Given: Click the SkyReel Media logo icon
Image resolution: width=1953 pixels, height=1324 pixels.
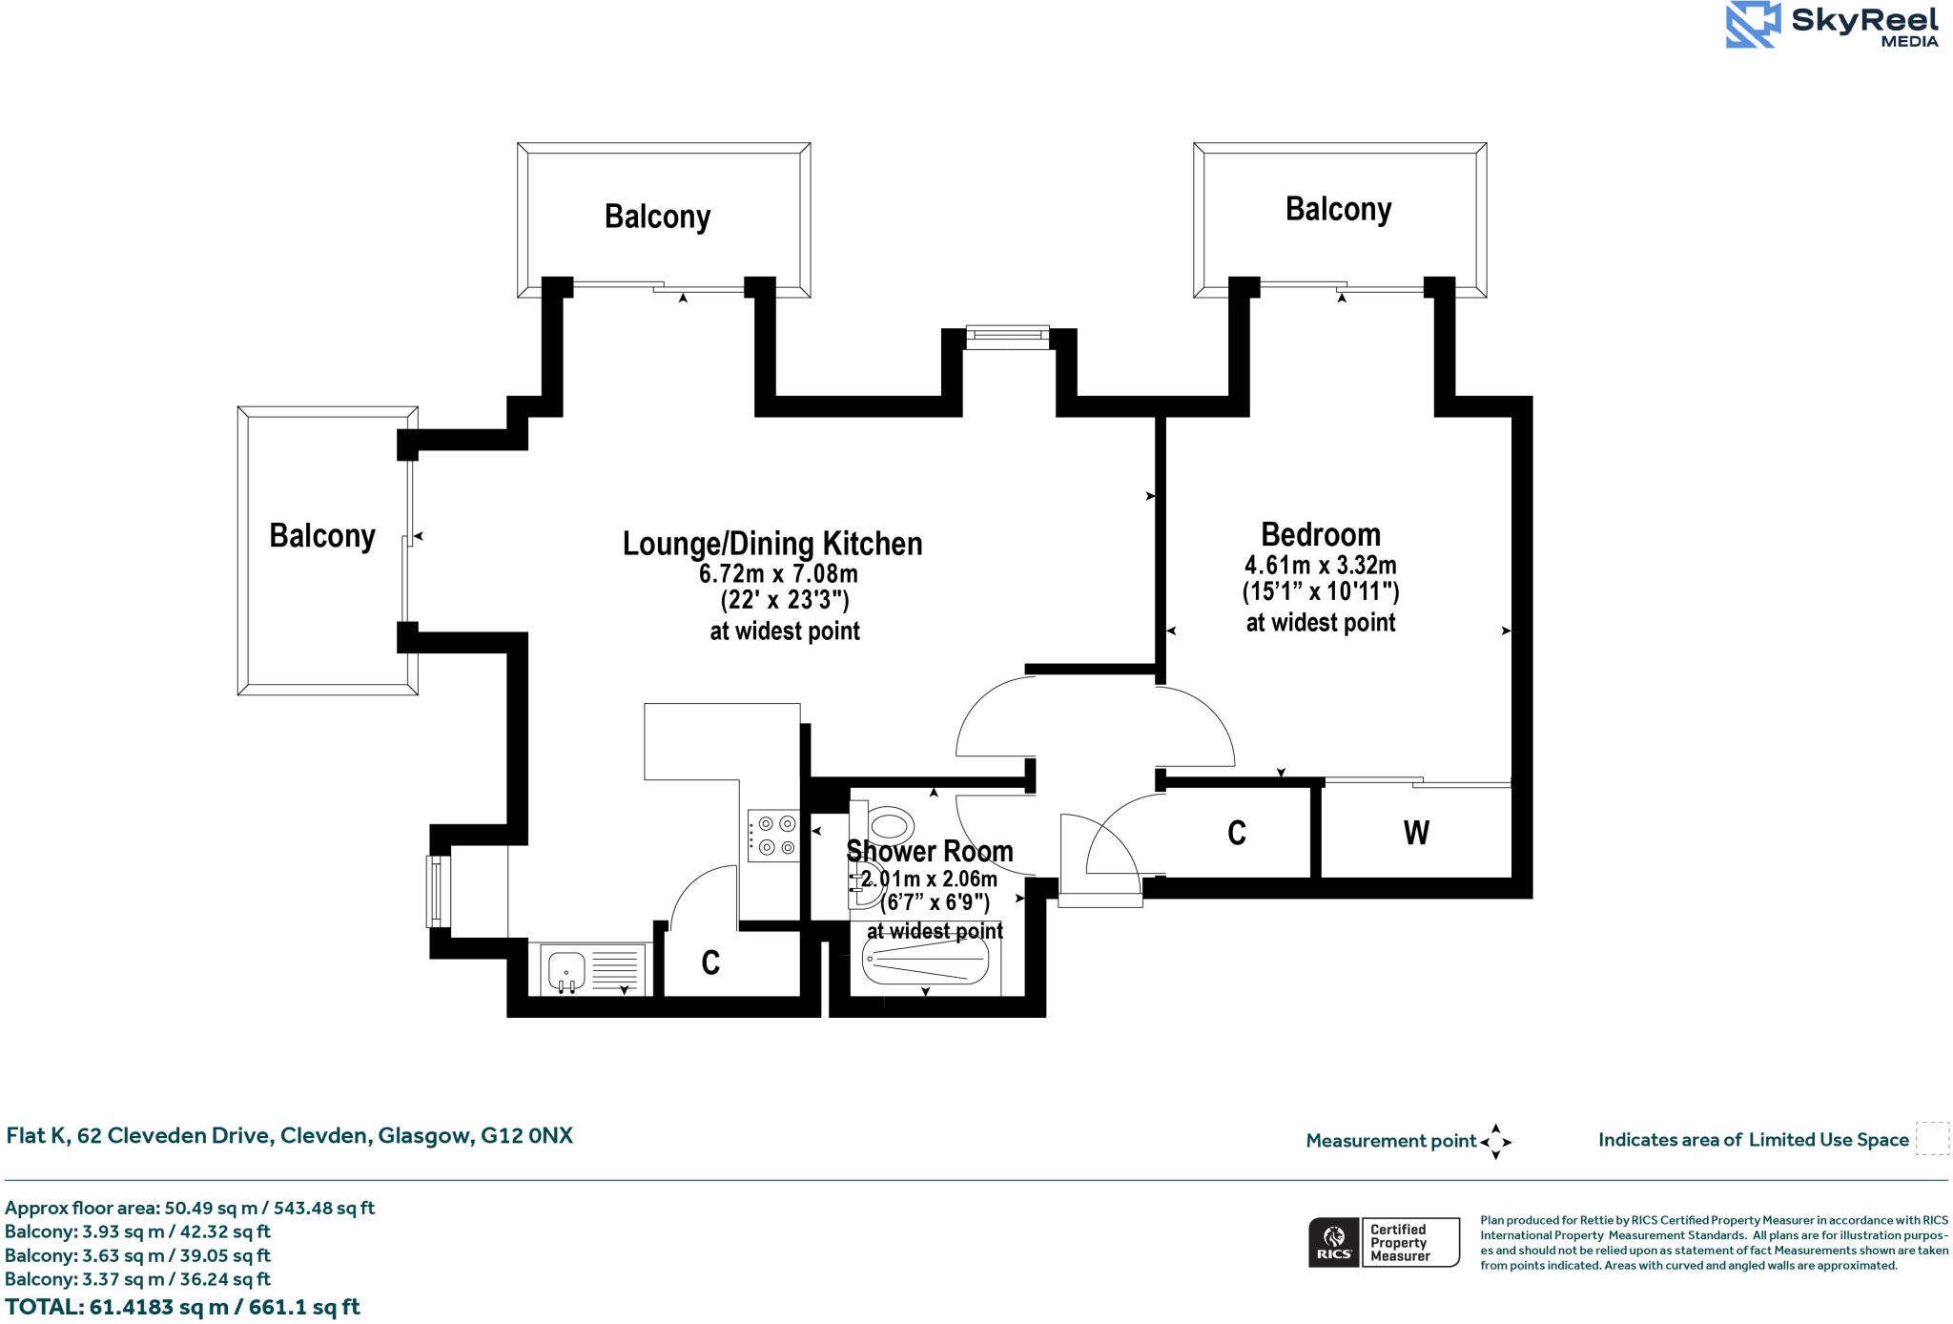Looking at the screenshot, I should [x=1753, y=25].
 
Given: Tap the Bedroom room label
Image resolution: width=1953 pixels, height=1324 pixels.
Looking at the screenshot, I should [x=1320, y=534].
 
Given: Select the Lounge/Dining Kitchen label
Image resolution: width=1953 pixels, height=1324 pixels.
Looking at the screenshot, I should [x=772, y=544].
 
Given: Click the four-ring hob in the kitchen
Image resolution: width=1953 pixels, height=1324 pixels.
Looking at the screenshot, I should [x=773, y=835].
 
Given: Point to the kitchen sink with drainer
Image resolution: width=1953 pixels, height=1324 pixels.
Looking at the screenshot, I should [x=592, y=969].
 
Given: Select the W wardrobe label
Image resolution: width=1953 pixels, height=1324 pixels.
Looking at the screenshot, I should [x=1416, y=833].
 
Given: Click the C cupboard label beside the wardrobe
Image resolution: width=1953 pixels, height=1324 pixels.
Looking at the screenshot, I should [x=1237, y=833].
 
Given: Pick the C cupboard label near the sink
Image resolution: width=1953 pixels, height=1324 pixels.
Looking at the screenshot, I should [x=710, y=963].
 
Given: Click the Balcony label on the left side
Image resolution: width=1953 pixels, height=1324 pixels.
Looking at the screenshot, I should [x=322, y=536].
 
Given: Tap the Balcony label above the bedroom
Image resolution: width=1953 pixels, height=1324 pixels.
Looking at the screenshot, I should [x=1338, y=209].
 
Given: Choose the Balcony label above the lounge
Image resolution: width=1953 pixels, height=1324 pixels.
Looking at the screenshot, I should [x=657, y=217].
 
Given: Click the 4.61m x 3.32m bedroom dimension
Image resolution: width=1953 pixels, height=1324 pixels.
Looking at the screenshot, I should [x=1320, y=565].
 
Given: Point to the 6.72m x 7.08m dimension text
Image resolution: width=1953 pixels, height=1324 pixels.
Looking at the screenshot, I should [x=778, y=574].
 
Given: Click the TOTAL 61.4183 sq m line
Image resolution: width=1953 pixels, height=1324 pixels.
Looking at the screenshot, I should [x=182, y=1307].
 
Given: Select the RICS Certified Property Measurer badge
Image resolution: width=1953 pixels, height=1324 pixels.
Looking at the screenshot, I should [x=1384, y=1242].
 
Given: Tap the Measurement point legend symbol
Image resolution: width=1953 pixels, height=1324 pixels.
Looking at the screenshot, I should [x=1495, y=1141].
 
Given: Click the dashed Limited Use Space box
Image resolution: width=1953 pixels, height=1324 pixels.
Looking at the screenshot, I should [x=1932, y=1139].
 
